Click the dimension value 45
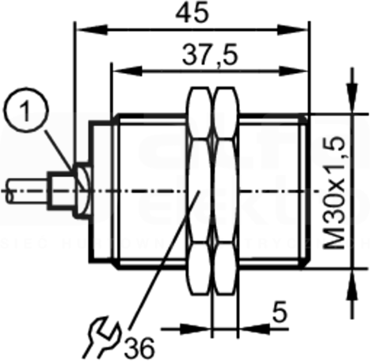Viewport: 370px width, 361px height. point(192,13)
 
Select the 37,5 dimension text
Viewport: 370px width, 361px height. point(210,55)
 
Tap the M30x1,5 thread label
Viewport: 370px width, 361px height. point(334,194)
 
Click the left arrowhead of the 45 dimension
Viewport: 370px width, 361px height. point(92,29)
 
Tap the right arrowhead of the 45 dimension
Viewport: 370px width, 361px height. point(292,29)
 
